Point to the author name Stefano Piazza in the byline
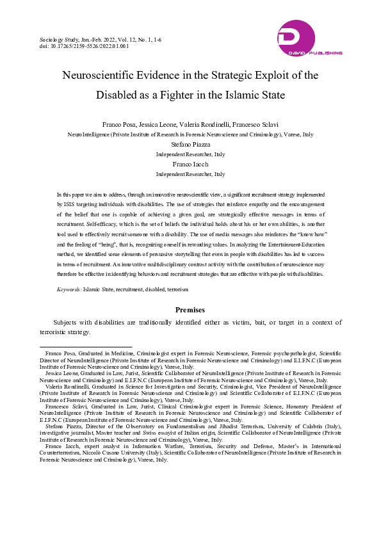[190, 145]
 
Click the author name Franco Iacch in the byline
[190, 165]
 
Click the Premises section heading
[190, 310]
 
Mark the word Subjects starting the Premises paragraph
[67, 322]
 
